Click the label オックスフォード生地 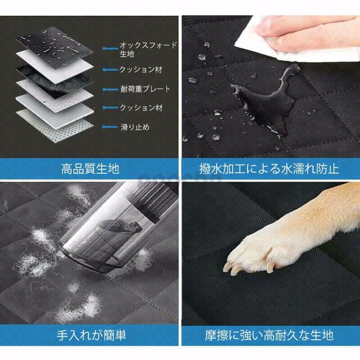148,49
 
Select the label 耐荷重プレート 145,89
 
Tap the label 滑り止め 135,127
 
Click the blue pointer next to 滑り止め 110,127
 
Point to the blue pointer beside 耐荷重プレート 110,89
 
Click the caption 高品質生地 90,168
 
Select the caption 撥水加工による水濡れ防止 269,169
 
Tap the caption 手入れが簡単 91,335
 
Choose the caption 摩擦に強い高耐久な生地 269,335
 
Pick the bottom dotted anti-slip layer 54,126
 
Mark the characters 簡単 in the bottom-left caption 115,335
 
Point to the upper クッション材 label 141,69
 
